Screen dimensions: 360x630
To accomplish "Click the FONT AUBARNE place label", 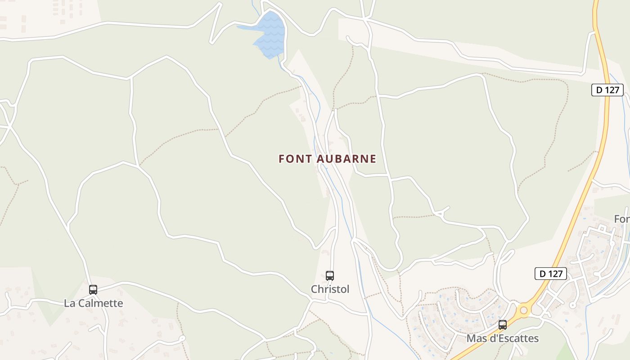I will [327, 159].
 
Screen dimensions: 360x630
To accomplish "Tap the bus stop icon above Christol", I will [330, 275].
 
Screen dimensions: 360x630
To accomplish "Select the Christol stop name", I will [330, 289].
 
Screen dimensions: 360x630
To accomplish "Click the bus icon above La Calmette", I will [93, 289].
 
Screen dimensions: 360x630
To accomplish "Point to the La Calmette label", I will [93, 303].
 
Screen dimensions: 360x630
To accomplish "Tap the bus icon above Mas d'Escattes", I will [503, 324].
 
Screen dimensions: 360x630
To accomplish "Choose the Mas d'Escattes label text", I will [503, 338].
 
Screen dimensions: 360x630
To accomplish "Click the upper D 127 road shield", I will [607, 90].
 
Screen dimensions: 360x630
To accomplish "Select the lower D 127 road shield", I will [551, 274].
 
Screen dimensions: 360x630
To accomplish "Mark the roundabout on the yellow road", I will [523, 310].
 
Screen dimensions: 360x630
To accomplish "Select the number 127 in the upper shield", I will [612, 90].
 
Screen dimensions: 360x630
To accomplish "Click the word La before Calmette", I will [70, 303].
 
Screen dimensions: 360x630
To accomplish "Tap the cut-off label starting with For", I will [622, 219].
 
